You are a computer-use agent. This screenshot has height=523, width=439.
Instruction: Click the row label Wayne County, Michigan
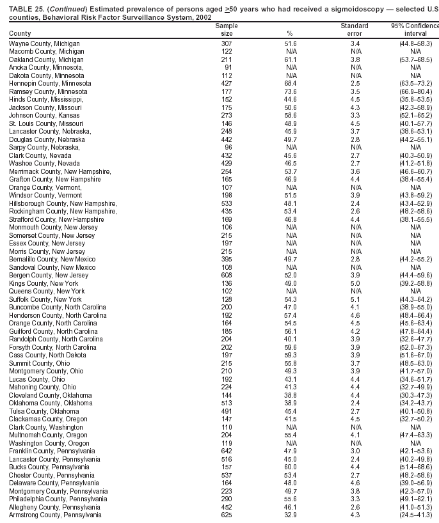44,43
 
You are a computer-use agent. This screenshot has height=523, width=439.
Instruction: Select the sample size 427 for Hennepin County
227,84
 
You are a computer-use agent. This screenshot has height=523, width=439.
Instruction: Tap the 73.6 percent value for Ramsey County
290,92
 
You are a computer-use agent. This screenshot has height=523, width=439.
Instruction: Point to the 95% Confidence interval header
415,29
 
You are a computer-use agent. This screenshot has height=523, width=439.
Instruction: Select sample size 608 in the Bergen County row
227,276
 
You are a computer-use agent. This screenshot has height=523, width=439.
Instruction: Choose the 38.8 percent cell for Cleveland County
290,395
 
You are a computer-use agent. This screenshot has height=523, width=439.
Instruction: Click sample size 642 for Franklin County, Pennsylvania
227,451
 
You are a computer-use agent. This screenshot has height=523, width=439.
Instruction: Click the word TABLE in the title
21,8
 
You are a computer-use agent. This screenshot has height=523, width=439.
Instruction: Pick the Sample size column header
227,29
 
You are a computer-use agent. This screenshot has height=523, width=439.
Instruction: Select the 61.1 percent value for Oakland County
290,59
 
